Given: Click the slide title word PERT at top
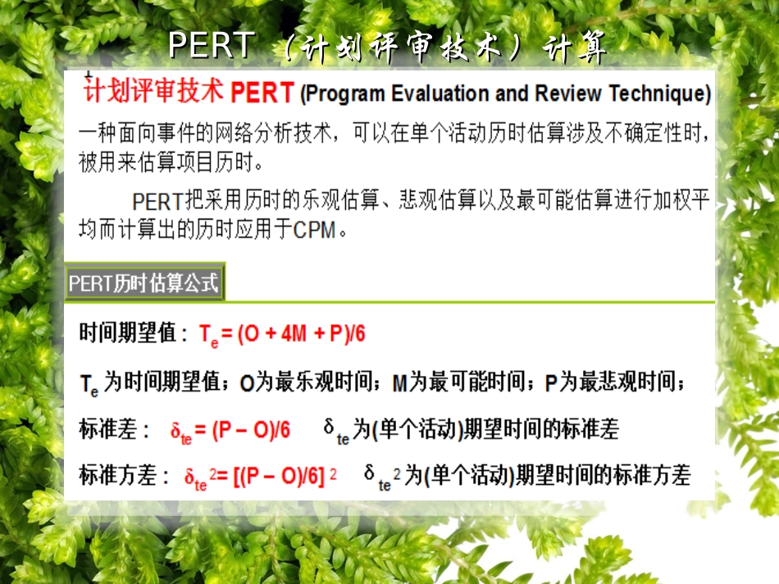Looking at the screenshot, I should [x=211, y=46].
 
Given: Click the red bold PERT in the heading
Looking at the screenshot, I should [x=262, y=93].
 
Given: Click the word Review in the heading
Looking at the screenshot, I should [x=567, y=94].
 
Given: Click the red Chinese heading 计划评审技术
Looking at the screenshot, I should [x=154, y=91].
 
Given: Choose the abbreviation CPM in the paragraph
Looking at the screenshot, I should [x=314, y=230].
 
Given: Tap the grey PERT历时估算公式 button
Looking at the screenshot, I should [x=144, y=283].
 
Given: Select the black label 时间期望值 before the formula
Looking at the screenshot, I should [x=127, y=333].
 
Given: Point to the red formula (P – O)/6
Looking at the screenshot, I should [x=251, y=431].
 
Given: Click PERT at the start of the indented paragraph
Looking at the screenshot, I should [x=158, y=201].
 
